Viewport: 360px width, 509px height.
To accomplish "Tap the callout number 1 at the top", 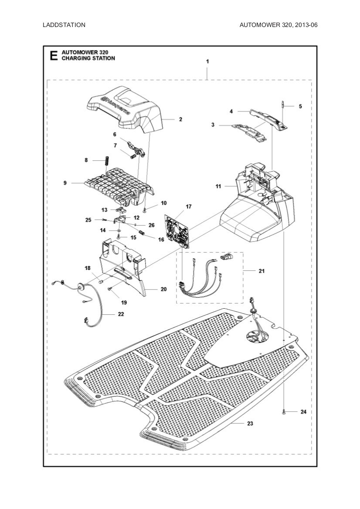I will [207, 61].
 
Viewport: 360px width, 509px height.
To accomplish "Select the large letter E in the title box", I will [54, 56].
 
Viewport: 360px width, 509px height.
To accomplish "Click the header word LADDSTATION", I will [64, 25].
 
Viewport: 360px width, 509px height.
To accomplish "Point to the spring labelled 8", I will [105, 161].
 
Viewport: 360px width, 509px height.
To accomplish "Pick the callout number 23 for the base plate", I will [250, 423].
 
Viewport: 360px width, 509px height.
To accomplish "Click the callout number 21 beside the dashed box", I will [262, 271].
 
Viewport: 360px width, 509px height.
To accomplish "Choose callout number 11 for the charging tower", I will [218, 186].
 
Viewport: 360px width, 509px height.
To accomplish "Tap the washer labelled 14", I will [118, 230].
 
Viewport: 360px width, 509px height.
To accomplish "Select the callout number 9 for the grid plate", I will [65, 183].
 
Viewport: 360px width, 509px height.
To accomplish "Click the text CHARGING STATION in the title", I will [88, 58].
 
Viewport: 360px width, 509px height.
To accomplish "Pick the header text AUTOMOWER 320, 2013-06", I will [278, 25].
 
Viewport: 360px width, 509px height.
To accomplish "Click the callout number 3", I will [213, 125].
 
